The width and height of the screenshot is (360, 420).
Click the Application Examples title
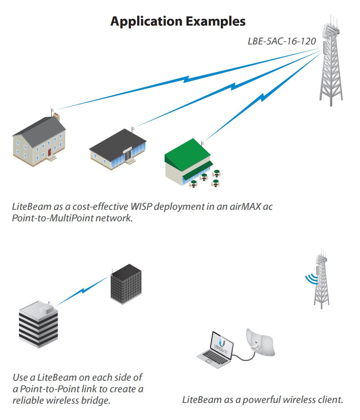(x=178, y=21)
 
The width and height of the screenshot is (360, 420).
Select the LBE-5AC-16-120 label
(x=282, y=41)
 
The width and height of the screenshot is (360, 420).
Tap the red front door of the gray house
(x=49, y=152)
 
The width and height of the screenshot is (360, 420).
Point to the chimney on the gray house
(x=56, y=117)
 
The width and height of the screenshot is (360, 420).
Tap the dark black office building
(x=126, y=284)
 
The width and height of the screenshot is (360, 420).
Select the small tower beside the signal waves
(x=321, y=282)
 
